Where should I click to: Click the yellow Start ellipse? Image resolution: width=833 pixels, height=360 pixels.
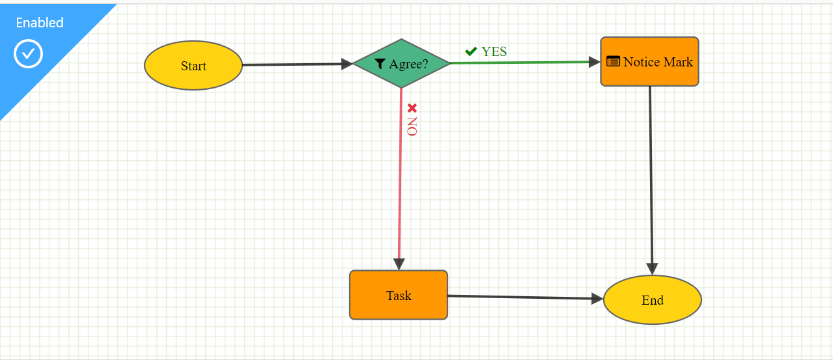tap(193, 65)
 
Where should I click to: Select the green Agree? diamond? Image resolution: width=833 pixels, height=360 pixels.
tap(401, 63)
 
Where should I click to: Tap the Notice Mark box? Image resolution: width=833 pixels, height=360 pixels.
tap(650, 61)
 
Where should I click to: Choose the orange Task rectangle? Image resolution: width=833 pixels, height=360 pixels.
tap(399, 295)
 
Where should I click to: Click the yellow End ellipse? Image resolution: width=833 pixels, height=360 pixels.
tap(653, 300)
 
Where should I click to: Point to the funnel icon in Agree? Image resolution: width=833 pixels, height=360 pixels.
tap(380, 64)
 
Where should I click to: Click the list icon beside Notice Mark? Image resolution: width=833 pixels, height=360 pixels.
tap(614, 61)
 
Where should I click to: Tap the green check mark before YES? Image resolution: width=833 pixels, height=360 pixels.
tap(471, 51)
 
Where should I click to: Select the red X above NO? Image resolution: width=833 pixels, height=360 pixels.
tap(412, 108)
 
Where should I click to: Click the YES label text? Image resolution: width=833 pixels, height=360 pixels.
tap(494, 51)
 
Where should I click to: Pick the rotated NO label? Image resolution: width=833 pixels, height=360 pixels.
tap(412, 126)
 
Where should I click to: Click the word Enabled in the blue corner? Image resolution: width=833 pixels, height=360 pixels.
tap(40, 23)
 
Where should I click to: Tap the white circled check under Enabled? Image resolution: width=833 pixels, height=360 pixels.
tap(28, 53)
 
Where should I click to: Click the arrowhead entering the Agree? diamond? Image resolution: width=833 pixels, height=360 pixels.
tap(347, 64)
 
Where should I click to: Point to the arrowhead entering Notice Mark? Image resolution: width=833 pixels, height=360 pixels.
tap(595, 62)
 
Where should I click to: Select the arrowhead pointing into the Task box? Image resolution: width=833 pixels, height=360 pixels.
tap(399, 264)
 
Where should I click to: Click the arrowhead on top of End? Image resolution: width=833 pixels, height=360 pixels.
tap(652, 269)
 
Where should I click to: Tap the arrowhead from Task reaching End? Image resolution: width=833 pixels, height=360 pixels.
tap(597, 299)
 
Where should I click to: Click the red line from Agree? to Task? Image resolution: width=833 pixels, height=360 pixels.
tap(400, 173)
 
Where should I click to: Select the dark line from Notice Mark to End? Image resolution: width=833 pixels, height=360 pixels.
tap(651, 174)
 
